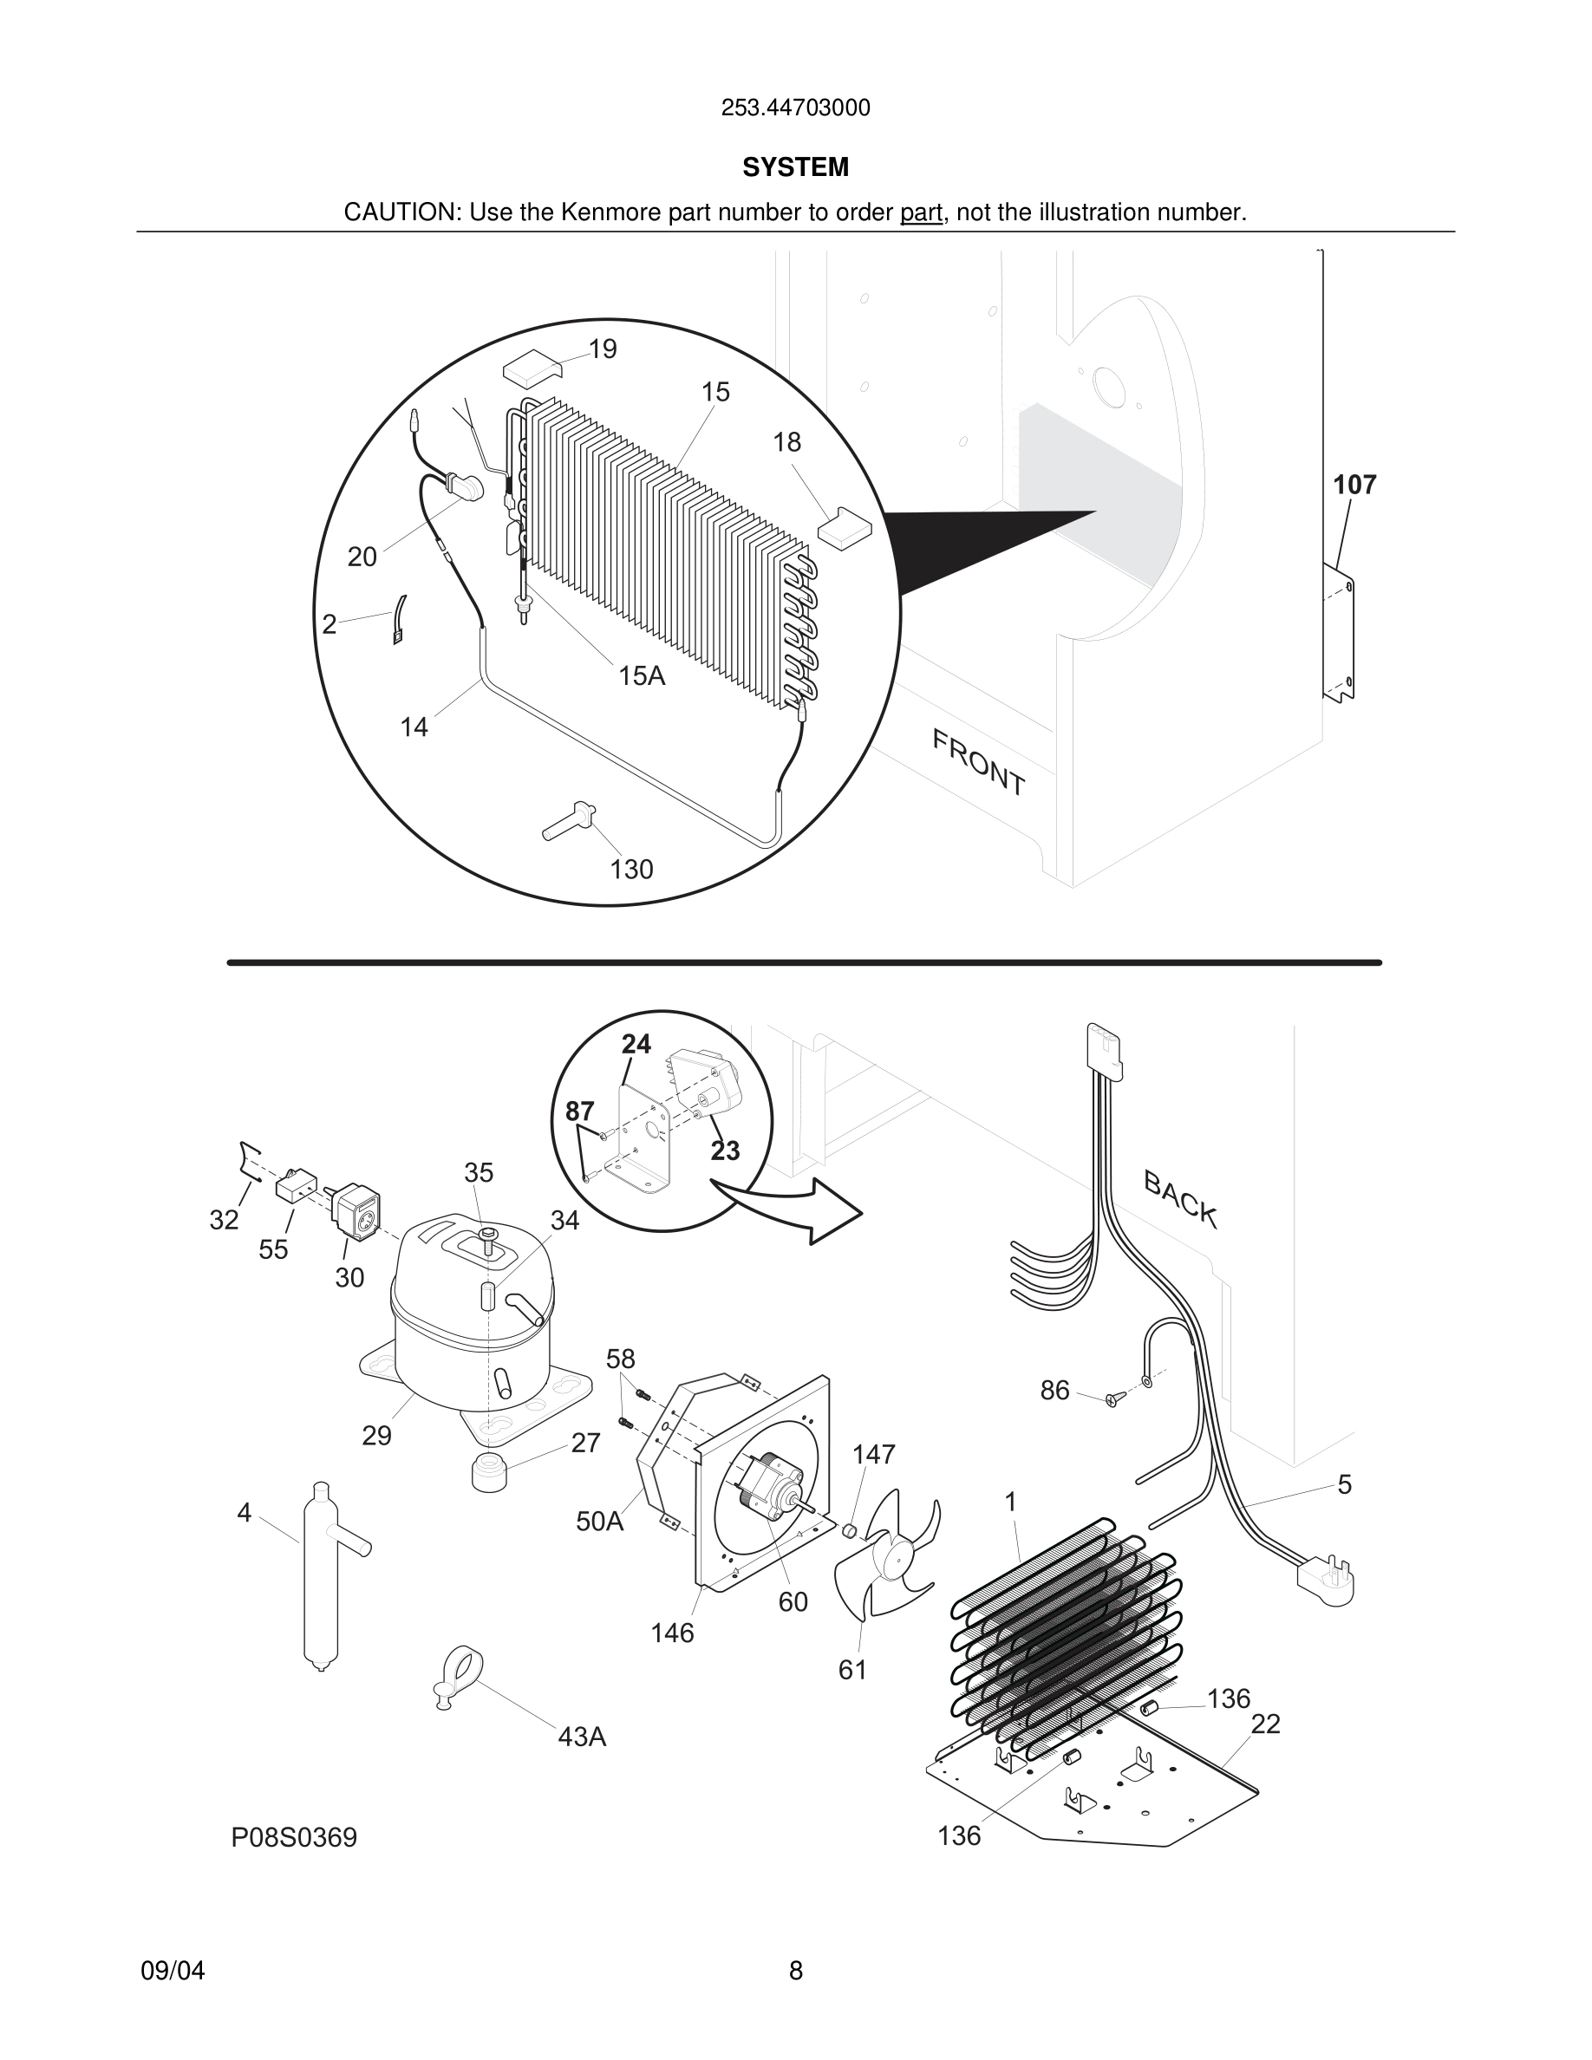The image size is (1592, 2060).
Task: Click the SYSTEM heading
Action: (795, 167)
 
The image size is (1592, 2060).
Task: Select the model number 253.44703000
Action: (795, 108)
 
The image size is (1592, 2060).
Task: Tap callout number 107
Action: (1354, 485)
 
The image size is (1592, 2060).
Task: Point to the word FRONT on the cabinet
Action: (978, 762)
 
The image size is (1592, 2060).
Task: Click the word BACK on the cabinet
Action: (1180, 1199)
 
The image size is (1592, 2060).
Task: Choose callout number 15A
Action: (642, 676)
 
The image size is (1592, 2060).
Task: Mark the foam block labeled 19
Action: (531, 367)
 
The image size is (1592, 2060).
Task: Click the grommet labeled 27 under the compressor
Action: (487, 1472)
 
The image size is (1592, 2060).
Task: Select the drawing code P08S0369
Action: (294, 1837)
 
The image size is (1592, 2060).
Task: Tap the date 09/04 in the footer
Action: (173, 1971)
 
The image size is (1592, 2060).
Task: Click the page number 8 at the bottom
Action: (795, 1971)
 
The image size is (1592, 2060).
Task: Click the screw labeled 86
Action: (1114, 1401)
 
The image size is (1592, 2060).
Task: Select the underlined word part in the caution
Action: (921, 213)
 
